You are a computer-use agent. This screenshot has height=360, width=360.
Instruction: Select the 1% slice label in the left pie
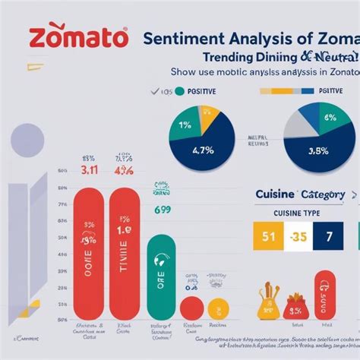[x=186, y=125]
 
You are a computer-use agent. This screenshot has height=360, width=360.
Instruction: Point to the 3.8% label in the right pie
[x=318, y=150]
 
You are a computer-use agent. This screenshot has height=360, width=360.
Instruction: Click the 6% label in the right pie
[x=329, y=118]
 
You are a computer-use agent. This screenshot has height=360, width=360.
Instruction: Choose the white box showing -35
[x=297, y=236]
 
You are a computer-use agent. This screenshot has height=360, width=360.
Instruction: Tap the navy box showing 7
[x=329, y=236]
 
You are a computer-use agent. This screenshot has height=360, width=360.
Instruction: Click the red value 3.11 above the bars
[x=89, y=171]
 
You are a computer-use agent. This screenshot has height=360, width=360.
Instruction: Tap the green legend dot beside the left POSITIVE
[x=179, y=91]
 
